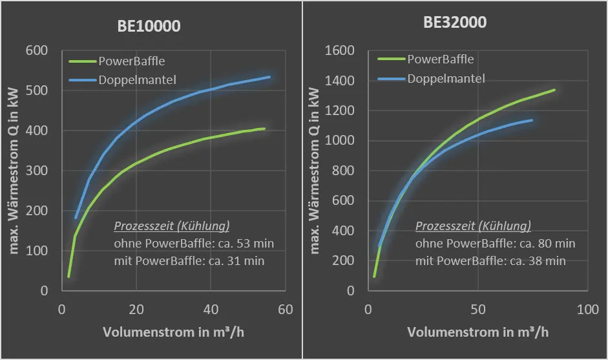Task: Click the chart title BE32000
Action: point(455,23)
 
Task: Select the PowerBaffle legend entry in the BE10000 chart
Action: point(132,61)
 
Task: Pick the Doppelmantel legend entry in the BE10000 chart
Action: point(138,81)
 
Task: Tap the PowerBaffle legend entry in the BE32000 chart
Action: point(441,59)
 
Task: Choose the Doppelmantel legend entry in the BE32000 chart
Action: point(446,79)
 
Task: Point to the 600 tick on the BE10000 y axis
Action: point(39,50)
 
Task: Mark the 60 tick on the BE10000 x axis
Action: point(286,310)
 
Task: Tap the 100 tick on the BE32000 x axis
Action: point(588,310)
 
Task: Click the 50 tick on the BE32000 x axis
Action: point(477,310)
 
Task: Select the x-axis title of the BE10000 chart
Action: point(173,332)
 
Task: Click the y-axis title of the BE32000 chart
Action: point(316,171)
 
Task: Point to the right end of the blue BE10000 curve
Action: point(269,77)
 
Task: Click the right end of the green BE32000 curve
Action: point(554,90)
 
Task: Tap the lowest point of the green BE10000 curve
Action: point(68,277)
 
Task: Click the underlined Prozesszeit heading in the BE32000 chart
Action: point(473,226)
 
